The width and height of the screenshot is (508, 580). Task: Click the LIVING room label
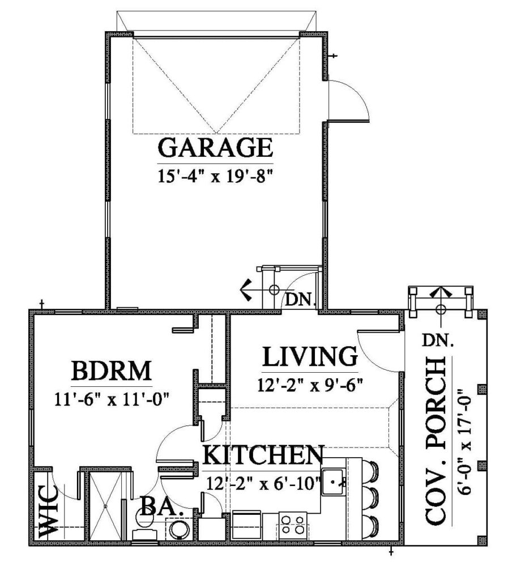[x=310, y=357]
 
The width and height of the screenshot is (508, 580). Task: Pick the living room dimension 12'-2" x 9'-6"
[x=310, y=385]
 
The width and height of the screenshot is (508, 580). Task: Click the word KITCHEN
[x=263, y=455]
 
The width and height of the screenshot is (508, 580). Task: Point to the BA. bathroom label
[x=161, y=506]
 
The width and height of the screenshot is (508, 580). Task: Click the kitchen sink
[x=334, y=482]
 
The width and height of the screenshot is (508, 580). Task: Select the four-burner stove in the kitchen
[x=293, y=524]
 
